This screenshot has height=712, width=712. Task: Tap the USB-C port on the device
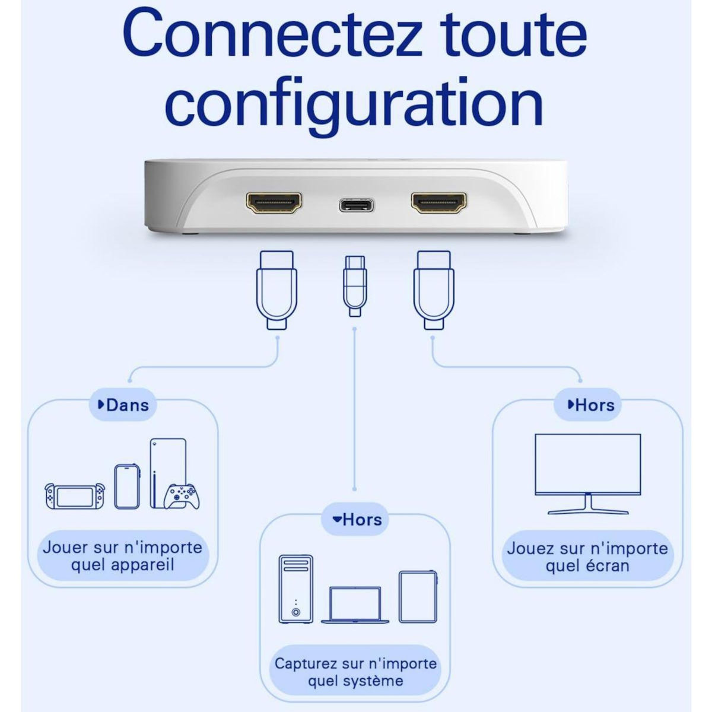tap(357, 205)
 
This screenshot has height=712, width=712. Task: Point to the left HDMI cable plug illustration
tap(276, 289)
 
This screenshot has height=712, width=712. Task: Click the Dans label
tap(123, 405)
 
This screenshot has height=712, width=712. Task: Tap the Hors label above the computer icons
tap(357, 520)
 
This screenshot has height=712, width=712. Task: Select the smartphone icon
tap(128, 486)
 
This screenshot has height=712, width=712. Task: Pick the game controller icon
tap(182, 496)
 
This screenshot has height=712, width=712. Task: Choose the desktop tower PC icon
tap(295, 589)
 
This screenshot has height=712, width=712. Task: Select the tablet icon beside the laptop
tap(418, 596)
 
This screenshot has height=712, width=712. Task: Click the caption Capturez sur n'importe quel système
tap(355, 672)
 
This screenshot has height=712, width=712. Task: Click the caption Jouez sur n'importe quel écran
tap(587, 557)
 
